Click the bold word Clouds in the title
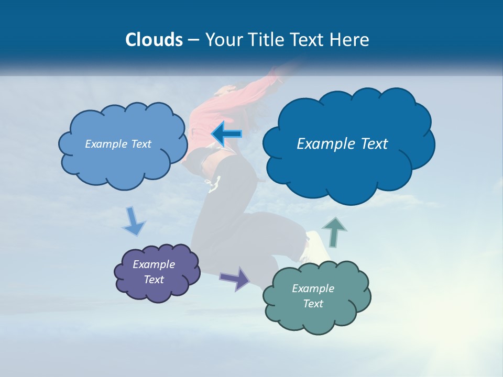pyautogui.click(x=154, y=40)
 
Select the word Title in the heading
pyautogui.click(x=266, y=40)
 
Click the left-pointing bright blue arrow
pyautogui.click(x=226, y=134)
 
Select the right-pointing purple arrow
pyautogui.click(x=235, y=278)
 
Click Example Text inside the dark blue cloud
pyautogui.click(x=342, y=144)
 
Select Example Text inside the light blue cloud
pyautogui.click(x=118, y=144)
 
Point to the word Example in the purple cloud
pyautogui.click(x=154, y=264)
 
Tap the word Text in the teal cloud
pyautogui.click(x=313, y=304)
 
